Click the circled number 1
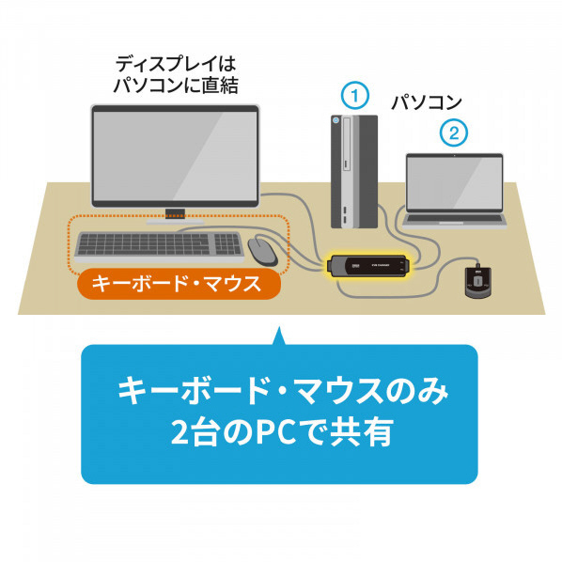(354, 96)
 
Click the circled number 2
(454, 133)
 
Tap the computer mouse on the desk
(263, 251)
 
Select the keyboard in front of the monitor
(159, 247)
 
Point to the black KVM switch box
(367, 266)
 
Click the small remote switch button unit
(477, 281)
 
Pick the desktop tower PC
(354, 171)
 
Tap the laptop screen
(455, 182)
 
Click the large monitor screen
(175, 156)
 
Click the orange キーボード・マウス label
(179, 284)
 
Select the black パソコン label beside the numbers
(426, 102)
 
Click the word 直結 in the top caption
(220, 86)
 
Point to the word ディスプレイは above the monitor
(176, 64)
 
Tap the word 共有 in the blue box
(361, 432)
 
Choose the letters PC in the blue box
(273, 432)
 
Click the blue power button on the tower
(336, 120)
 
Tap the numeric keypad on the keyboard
(227, 243)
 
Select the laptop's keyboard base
(455, 220)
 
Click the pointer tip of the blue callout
(279, 327)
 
